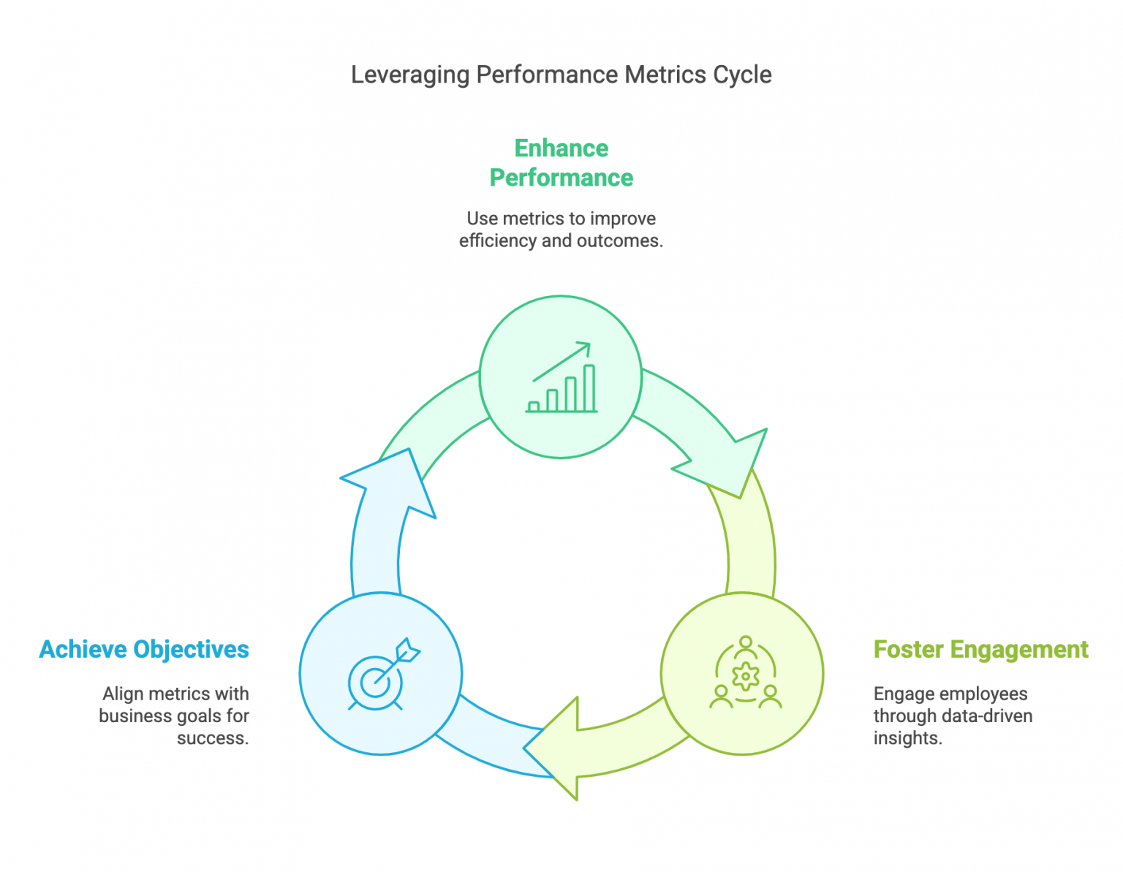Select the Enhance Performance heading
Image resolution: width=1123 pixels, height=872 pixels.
click(561, 163)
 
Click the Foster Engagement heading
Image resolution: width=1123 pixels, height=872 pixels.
click(980, 649)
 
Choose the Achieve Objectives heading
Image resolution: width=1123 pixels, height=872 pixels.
click(144, 649)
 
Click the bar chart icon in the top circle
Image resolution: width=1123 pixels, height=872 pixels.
click(561, 378)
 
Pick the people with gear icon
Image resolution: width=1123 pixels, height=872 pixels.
click(745, 673)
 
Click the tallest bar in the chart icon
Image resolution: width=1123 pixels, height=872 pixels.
click(589, 388)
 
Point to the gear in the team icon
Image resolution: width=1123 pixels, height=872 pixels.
click(745, 676)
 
